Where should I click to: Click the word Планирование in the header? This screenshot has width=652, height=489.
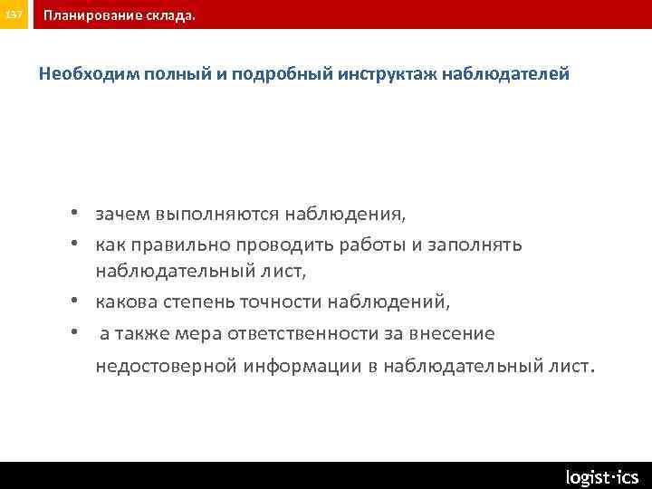95,16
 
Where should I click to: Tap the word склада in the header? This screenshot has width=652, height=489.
172,16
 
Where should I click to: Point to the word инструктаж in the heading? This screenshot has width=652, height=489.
388,73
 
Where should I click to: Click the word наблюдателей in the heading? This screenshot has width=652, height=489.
506,73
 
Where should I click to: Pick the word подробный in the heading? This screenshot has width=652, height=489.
283,73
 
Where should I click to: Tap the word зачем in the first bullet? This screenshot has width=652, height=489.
122,215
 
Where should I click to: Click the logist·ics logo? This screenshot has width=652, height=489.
601,476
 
